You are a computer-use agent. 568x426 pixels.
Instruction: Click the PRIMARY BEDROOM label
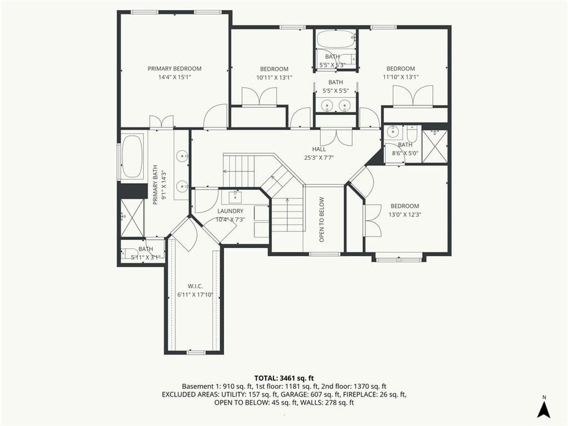tap(174, 68)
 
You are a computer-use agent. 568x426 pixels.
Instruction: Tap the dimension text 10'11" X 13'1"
tap(274, 78)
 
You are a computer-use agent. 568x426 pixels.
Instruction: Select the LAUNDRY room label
tap(230, 211)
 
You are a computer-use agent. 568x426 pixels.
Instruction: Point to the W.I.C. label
tap(194, 286)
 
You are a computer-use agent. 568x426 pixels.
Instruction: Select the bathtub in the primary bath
tap(132, 155)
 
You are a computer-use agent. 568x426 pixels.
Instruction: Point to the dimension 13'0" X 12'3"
tap(405, 215)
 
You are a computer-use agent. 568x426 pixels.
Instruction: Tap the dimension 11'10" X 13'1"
tap(400, 77)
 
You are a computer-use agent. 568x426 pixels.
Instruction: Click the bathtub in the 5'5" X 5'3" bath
tap(335, 40)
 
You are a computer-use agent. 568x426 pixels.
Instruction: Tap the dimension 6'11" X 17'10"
tap(194, 295)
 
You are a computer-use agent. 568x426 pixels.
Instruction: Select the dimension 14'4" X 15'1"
tap(174, 77)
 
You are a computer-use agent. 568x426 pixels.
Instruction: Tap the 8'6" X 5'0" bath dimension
tap(405, 152)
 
